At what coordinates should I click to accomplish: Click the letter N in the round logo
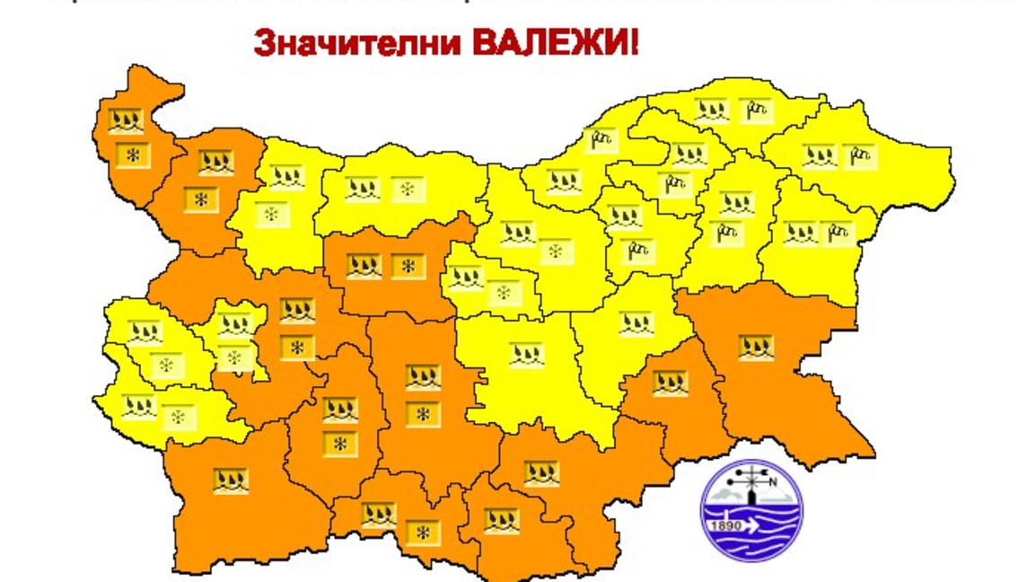tap(770, 480)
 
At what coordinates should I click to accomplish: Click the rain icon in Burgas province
tap(756, 347)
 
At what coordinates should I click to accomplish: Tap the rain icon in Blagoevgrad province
tap(231, 481)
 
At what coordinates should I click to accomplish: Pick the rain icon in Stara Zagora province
tap(527, 354)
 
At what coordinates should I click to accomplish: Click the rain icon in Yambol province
tap(670, 384)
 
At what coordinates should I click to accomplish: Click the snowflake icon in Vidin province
tap(134, 155)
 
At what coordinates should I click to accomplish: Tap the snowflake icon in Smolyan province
tap(422, 533)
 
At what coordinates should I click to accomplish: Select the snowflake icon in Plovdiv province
tap(422, 414)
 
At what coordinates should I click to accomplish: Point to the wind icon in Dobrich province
tap(861, 154)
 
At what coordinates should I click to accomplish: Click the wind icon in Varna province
tap(837, 233)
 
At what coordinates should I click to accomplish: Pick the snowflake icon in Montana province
tap(201, 199)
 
